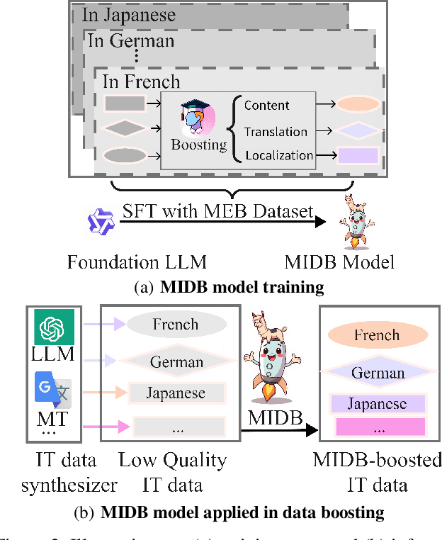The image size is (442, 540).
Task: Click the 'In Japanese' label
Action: (x=128, y=14)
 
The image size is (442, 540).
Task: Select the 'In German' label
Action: (x=131, y=41)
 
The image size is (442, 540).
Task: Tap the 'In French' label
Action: (x=141, y=81)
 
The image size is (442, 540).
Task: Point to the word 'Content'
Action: (x=267, y=106)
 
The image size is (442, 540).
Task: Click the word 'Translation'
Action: (x=276, y=131)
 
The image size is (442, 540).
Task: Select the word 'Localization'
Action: (x=278, y=155)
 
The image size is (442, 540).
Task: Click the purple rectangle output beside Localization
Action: (x=358, y=155)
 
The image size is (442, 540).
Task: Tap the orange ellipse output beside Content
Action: (x=358, y=105)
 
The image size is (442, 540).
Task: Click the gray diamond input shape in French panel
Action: (x=124, y=128)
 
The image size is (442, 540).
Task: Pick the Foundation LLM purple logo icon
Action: (x=96, y=221)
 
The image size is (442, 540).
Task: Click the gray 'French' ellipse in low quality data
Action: (x=176, y=324)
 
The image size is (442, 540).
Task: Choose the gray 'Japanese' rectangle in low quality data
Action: (x=176, y=393)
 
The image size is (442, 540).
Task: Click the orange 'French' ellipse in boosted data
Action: (x=376, y=335)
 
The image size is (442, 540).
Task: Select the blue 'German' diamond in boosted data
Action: (x=378, y=372)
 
